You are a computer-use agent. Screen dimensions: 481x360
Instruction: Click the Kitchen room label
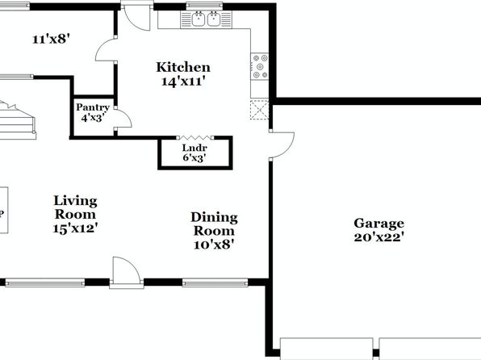point(183,67)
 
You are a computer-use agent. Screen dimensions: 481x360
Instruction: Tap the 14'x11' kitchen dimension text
point(183,82)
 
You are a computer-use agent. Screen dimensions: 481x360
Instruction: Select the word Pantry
point(93,107)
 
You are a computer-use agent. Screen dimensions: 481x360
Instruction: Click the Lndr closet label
point(194,148)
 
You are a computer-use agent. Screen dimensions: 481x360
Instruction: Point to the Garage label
point(379,224)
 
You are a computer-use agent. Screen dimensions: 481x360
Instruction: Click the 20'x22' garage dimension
point(379,237)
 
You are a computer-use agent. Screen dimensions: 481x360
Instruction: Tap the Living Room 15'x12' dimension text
point(76,228)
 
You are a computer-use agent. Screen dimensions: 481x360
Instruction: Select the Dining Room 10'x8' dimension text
point(214,245)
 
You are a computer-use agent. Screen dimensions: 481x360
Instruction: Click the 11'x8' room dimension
point(52,40)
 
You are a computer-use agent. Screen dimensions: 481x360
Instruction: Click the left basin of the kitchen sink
point(199,19)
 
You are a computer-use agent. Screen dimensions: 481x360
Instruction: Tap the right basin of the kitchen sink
point(214,19)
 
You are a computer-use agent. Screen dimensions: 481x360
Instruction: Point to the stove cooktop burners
point(260,66)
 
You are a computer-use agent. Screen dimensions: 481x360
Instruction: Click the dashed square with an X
point(260,110)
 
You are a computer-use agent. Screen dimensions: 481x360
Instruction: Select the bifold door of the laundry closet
point(195,137)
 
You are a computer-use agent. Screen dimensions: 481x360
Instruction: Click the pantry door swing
point(123,117)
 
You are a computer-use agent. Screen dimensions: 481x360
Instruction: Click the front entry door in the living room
point(127,271)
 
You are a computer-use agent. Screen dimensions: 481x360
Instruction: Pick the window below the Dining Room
point(215,283)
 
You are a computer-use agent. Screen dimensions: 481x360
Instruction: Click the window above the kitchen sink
point(204,5)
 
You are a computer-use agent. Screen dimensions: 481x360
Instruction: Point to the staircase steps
point(18,121)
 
